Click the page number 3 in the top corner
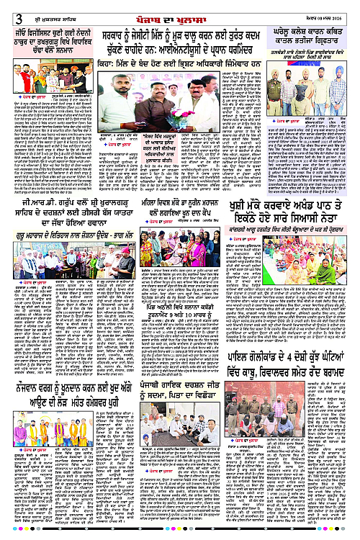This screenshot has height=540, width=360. (7, 9)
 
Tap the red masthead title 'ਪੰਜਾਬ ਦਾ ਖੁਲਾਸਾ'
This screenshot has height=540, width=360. (179, 9)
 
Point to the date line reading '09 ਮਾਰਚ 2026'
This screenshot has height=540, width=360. (332, 9)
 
